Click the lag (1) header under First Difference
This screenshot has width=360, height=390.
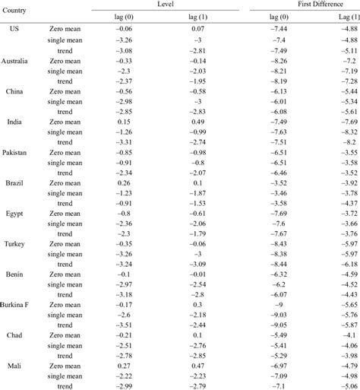pyautogui.click(x=339, y=16)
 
